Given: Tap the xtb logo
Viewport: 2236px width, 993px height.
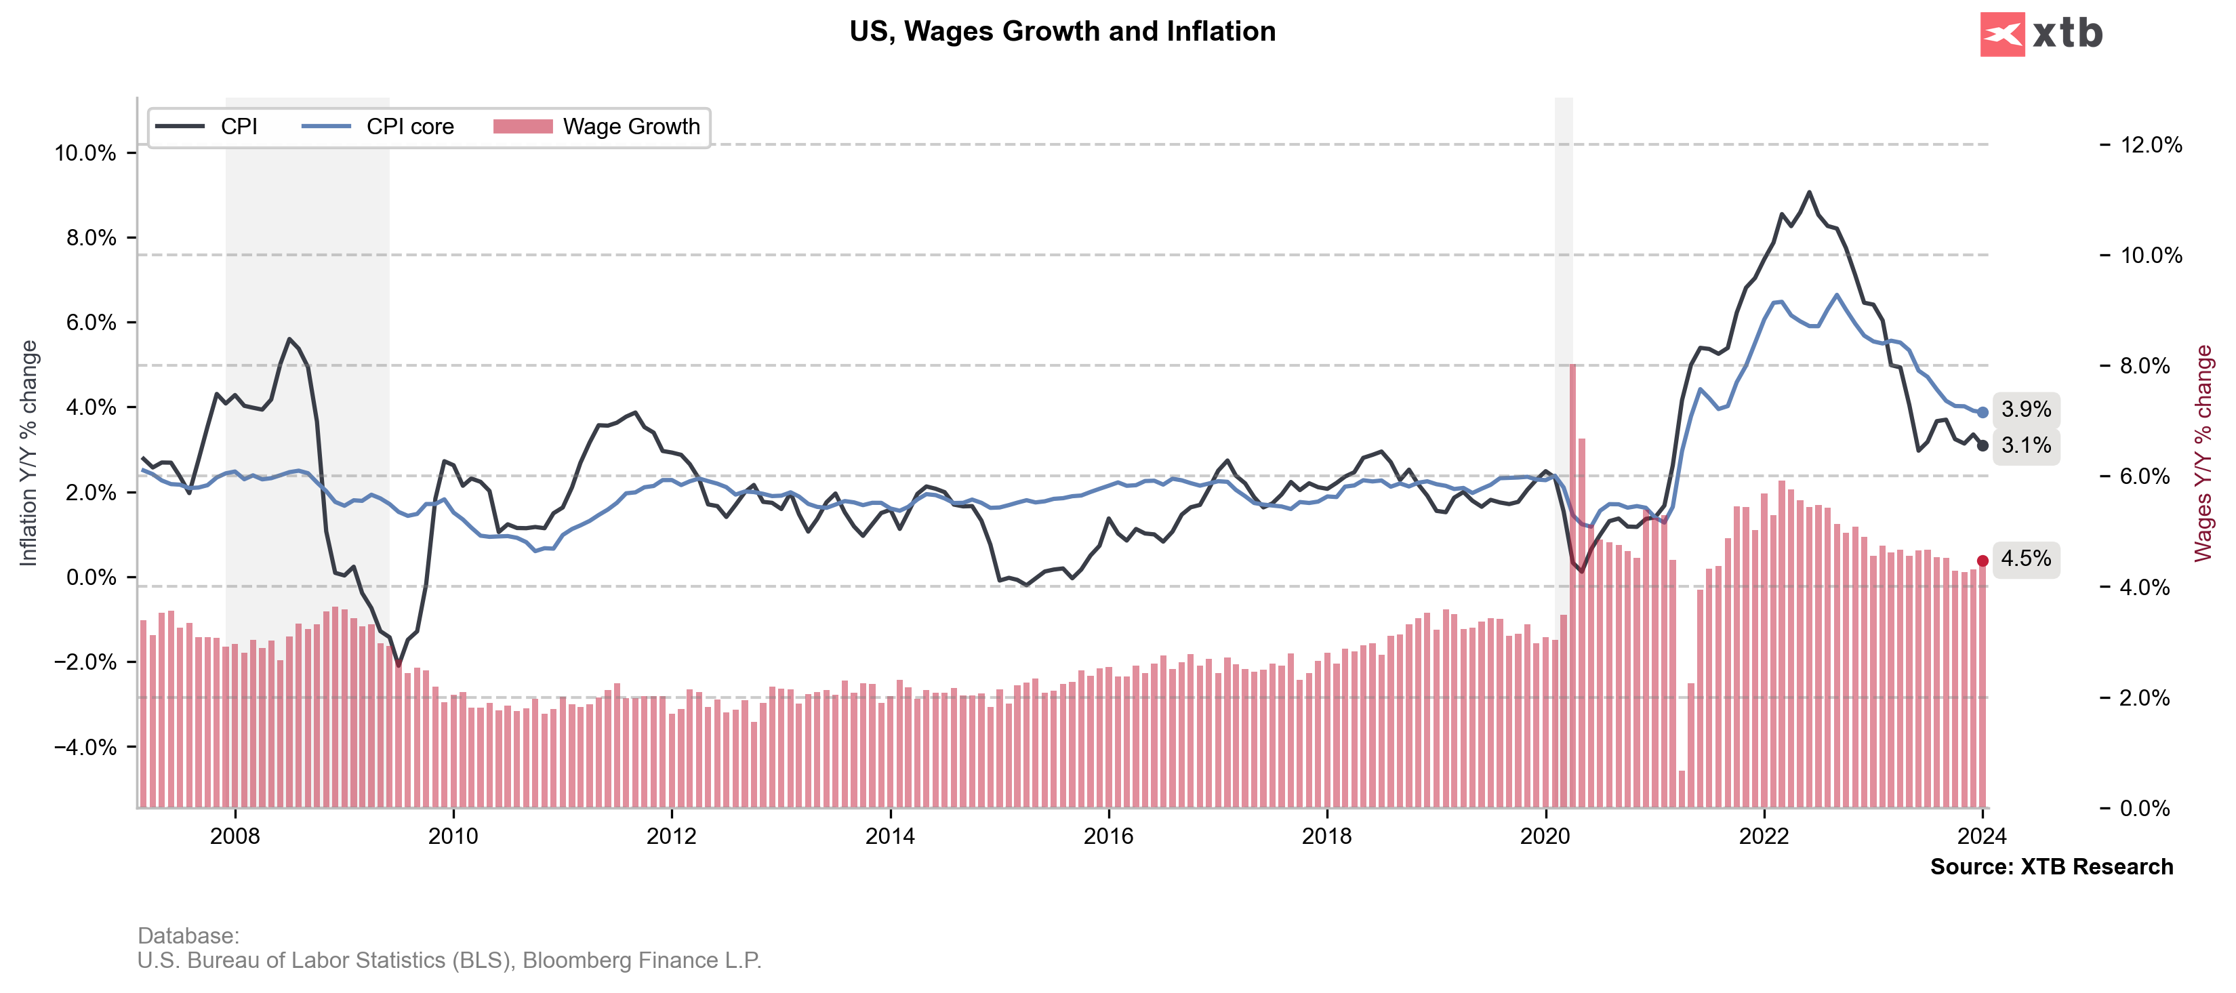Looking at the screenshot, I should (2041, 34).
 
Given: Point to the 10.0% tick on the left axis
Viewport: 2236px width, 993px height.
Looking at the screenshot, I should (85, 154).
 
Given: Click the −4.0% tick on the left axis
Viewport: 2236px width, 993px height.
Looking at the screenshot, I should (85, 748).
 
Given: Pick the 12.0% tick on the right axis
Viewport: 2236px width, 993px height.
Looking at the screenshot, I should (2150, 145).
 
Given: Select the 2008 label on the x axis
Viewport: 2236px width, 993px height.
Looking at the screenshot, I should (235, 836).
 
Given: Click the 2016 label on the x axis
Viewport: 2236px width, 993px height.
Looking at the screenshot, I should (1108, 836).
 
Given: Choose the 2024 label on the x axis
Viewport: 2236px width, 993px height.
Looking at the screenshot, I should (1982, 836).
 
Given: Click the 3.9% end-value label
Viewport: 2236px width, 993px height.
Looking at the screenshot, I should (2026, 409).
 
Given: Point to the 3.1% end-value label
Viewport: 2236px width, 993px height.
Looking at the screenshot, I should (2026, 446).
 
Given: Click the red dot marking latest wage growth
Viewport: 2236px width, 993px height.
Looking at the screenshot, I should (1983, 561).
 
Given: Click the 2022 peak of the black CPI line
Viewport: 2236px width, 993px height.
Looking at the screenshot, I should (1809, 192).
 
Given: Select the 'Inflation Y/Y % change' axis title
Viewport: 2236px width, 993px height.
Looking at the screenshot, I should (28, 452).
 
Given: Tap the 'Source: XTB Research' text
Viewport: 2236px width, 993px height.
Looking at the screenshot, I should (2051, 866).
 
